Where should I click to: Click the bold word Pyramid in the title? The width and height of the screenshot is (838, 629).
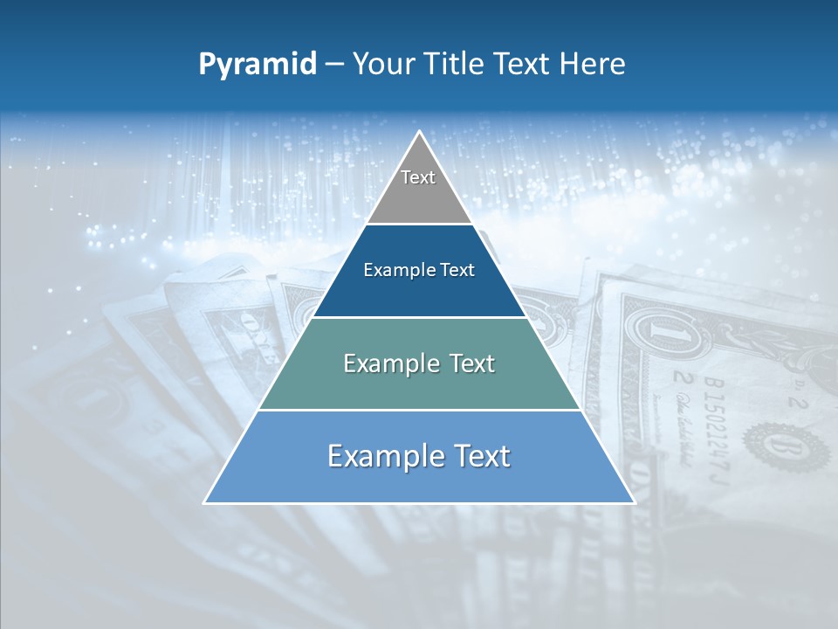click(x=258, y=65)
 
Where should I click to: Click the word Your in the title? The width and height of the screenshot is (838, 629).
click(x=382, y=64)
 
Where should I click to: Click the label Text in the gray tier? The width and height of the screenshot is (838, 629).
click(x=418, y=177)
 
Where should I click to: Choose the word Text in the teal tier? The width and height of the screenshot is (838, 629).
click(x=468, y=363)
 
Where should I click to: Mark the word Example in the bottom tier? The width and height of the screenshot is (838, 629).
click(x=383, y=456)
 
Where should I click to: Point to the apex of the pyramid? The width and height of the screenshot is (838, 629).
click(x=419, y=133)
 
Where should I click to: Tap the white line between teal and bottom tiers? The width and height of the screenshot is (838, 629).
click(x=419, y=410)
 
